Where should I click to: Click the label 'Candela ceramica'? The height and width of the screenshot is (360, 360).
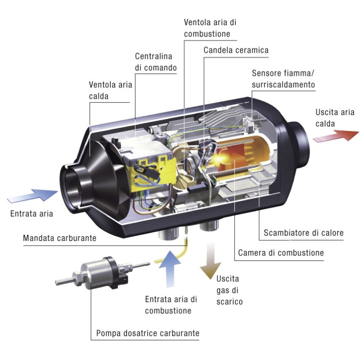[x=236, y=50]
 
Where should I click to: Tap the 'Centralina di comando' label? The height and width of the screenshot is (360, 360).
[x=156, y=63]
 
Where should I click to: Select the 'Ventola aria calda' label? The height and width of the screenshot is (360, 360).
[x=111, y=90]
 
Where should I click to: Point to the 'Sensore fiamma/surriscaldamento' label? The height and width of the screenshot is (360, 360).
[x=283, y=79]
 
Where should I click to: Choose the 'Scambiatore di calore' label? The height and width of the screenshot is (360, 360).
[x=304, y=233]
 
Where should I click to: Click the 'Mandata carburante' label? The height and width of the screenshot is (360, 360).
[x=59, y=238]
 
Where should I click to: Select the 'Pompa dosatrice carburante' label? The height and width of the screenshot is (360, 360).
[x=148, y=333]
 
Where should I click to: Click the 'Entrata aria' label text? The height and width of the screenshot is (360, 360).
[x=31, y=213]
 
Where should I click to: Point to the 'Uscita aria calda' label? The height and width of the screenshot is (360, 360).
[x=335, y=117]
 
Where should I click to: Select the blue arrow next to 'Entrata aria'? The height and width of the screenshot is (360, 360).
[x=33, y=197]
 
